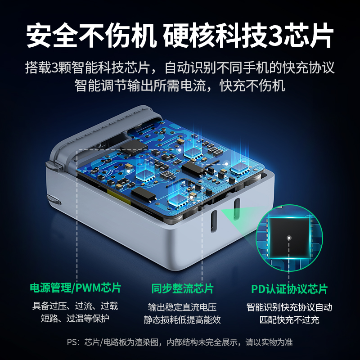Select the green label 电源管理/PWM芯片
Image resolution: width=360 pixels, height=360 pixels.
[75, 288]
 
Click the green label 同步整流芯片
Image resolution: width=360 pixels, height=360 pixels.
[182, 288]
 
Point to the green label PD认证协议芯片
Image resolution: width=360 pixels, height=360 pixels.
[289, 288]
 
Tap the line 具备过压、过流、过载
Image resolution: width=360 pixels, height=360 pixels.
[75, 306]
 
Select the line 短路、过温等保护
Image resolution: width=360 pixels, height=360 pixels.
[75, 319]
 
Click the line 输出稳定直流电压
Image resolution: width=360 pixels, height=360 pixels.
[182, 308]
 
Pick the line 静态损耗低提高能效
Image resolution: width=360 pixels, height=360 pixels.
[182, 320]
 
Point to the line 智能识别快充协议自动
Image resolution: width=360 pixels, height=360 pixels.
[289, 308]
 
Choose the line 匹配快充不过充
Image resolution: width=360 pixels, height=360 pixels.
[289, 320]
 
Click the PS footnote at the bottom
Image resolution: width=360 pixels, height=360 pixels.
[180, 342]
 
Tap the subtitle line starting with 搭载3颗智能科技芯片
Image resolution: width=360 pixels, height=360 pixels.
[180, 68]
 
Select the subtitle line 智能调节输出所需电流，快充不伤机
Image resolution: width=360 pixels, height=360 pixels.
[180, 85]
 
